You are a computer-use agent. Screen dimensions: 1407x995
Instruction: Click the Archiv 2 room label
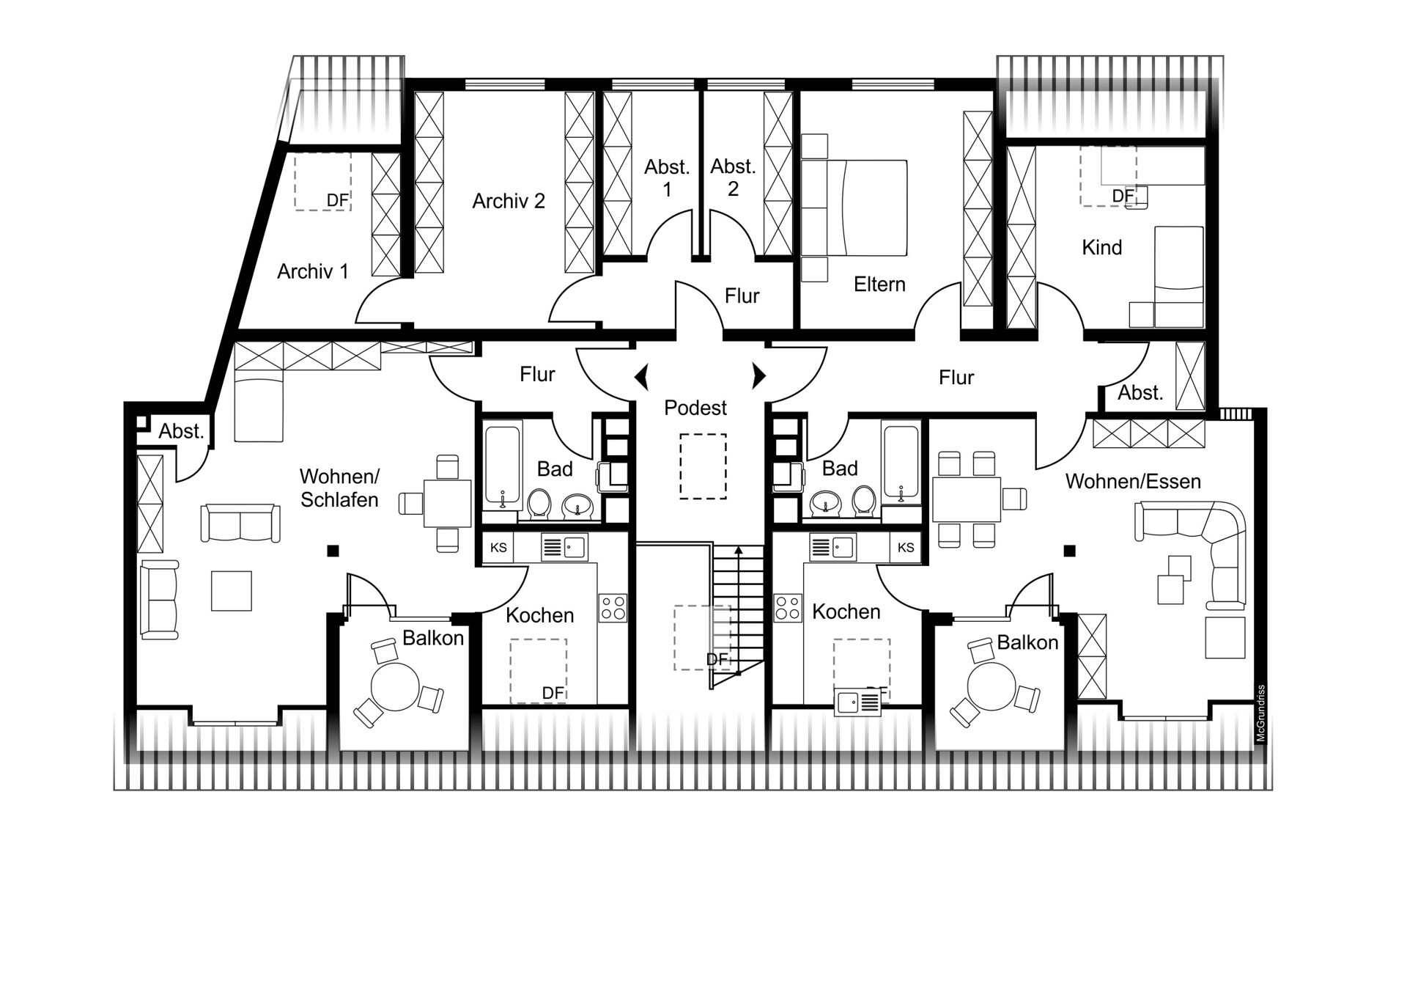509,201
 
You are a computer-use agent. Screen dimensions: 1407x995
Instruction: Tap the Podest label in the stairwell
695,408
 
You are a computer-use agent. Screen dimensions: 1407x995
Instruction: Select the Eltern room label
879,284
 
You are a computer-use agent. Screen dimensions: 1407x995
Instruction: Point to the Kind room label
1102,248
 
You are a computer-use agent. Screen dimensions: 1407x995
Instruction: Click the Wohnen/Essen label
1133,482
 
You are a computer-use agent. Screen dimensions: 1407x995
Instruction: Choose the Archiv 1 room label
312,272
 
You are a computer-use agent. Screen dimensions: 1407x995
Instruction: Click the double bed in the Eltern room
854,208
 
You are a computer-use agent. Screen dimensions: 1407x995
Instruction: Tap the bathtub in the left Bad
503,466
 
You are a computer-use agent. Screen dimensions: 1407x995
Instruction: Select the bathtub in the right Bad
901,463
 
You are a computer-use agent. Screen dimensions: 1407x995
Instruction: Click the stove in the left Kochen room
613,607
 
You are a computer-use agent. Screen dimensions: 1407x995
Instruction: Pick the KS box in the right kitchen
906,548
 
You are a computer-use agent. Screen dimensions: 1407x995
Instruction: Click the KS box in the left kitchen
498,548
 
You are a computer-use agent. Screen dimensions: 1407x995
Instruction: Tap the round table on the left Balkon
395,687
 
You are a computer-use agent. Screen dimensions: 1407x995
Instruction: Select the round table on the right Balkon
991,687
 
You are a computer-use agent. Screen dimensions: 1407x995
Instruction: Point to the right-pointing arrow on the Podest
759,376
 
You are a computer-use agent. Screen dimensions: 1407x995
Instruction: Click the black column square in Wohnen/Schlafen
333,551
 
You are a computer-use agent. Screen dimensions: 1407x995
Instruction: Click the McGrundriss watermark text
1261,713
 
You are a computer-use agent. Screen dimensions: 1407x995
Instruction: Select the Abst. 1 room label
667,178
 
